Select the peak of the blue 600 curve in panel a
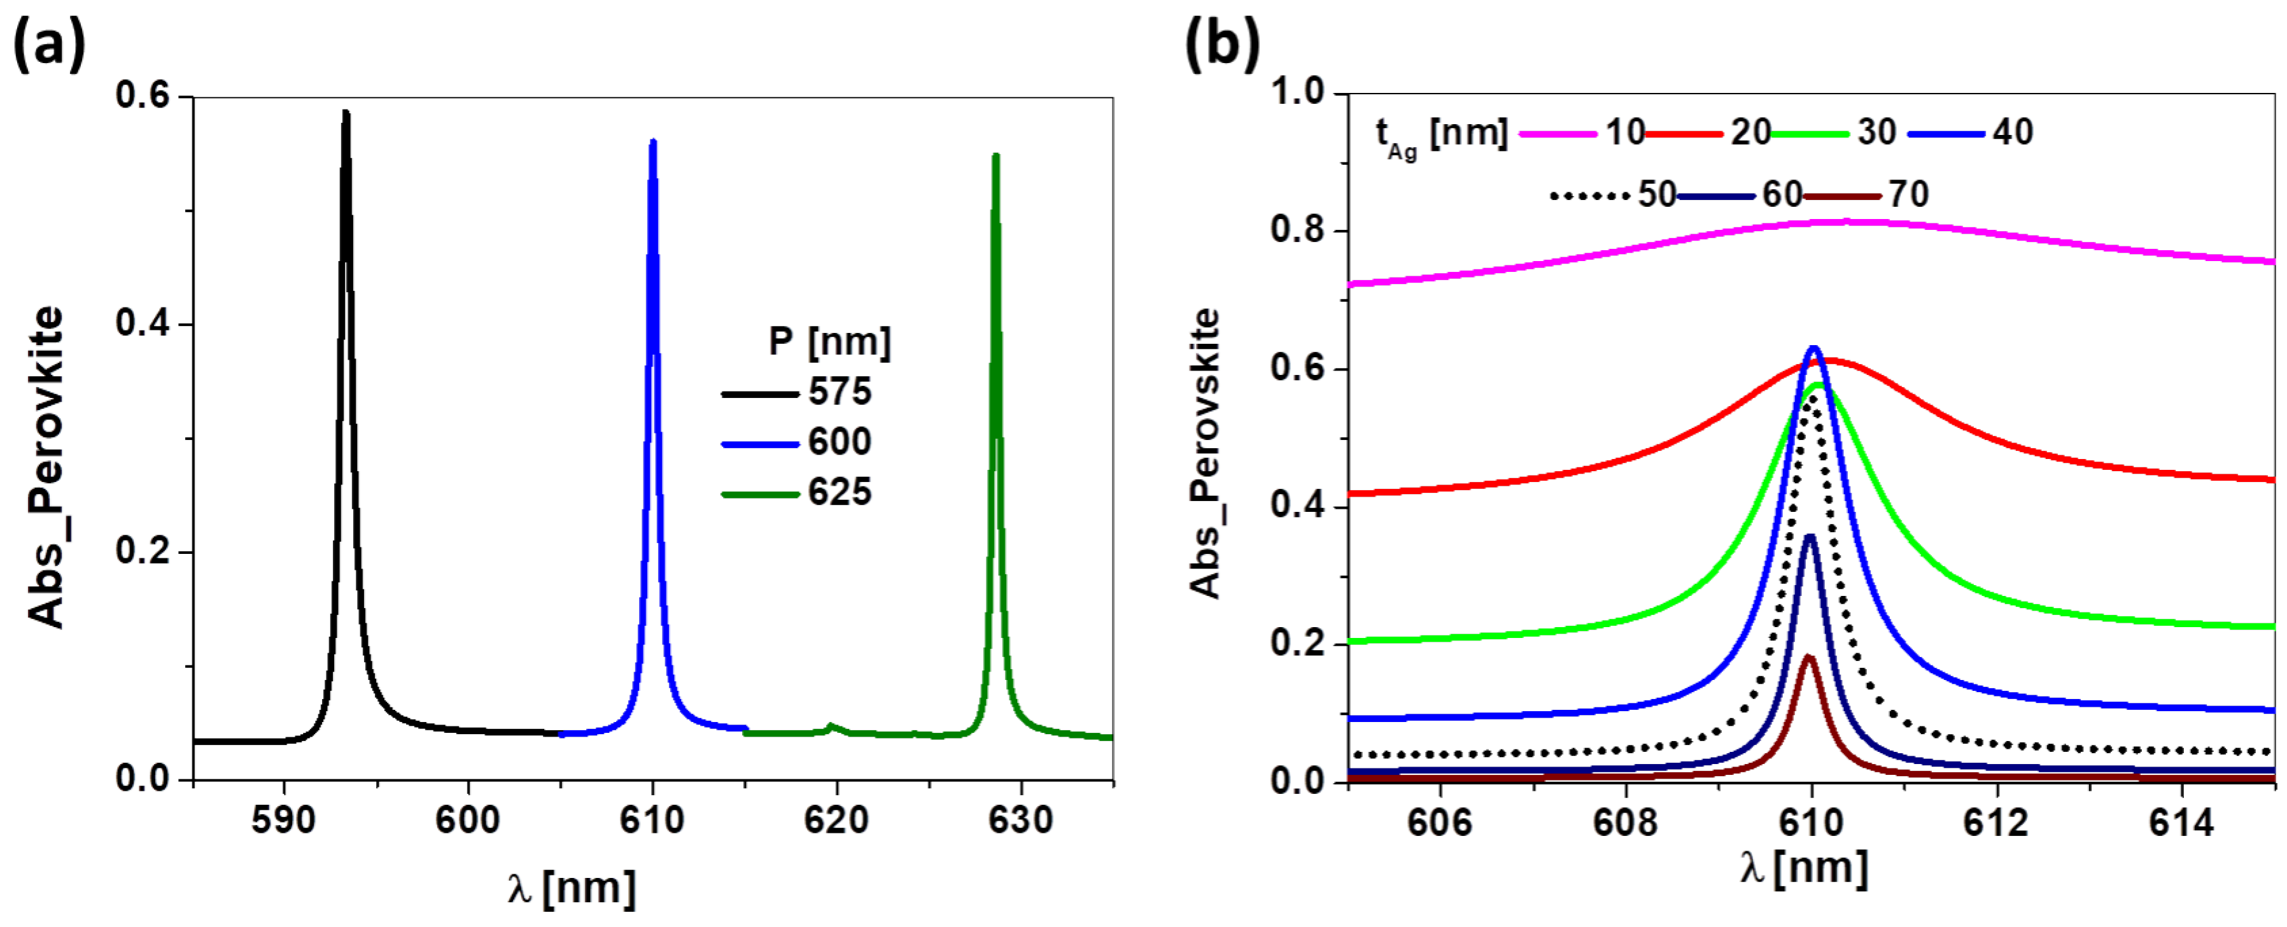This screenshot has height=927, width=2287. [652, 142]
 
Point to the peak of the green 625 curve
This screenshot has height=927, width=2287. [996, 156]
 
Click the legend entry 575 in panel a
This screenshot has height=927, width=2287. [839, 392]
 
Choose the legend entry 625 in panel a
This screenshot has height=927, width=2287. [839, 492]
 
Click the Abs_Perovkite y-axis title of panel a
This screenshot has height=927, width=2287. [46, 468]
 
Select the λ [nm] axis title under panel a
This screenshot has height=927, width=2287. [572, 888]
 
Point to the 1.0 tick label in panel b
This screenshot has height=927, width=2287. [1296, 92]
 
